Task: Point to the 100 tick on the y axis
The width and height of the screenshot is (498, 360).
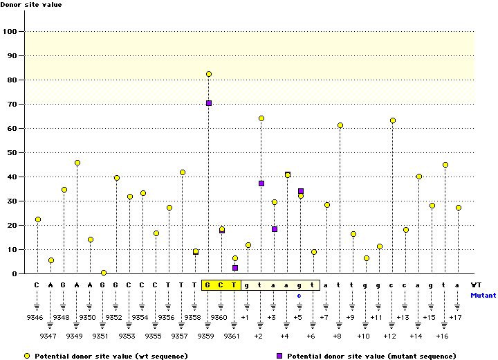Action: click(10, 32)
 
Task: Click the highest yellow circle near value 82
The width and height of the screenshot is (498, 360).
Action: click(208, 74)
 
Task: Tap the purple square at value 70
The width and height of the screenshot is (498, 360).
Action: click(208, 103)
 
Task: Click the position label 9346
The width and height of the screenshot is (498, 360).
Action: click(37, 317)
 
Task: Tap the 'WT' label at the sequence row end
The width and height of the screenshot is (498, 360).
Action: click(477, 285)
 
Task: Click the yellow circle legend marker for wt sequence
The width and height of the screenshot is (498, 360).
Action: click(27, 356)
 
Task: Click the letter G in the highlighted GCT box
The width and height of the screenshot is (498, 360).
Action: click(208, 285)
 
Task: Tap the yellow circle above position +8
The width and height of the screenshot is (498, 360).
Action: click(340, 125)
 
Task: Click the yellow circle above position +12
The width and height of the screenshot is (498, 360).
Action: click(392, 120)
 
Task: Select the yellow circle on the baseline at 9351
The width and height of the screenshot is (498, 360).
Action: click(103, 273)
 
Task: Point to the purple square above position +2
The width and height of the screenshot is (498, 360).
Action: click(261, 183)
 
